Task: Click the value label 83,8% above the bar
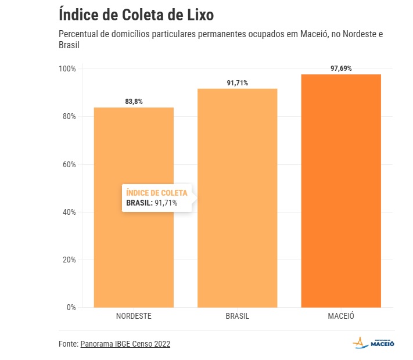134,102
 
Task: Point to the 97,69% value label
341,69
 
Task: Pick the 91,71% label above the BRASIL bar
238,83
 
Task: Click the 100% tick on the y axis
67,69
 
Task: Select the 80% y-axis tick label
69,117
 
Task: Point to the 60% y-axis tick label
69,164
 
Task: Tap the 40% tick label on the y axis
69,212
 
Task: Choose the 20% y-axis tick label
69,260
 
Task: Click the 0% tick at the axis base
71,307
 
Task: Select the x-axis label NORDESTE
134,316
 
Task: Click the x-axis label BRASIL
238,316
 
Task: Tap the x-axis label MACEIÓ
341,316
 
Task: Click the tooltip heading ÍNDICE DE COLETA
157,193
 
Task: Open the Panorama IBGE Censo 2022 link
125,344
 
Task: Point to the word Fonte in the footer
68,344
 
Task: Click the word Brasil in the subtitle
69,45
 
